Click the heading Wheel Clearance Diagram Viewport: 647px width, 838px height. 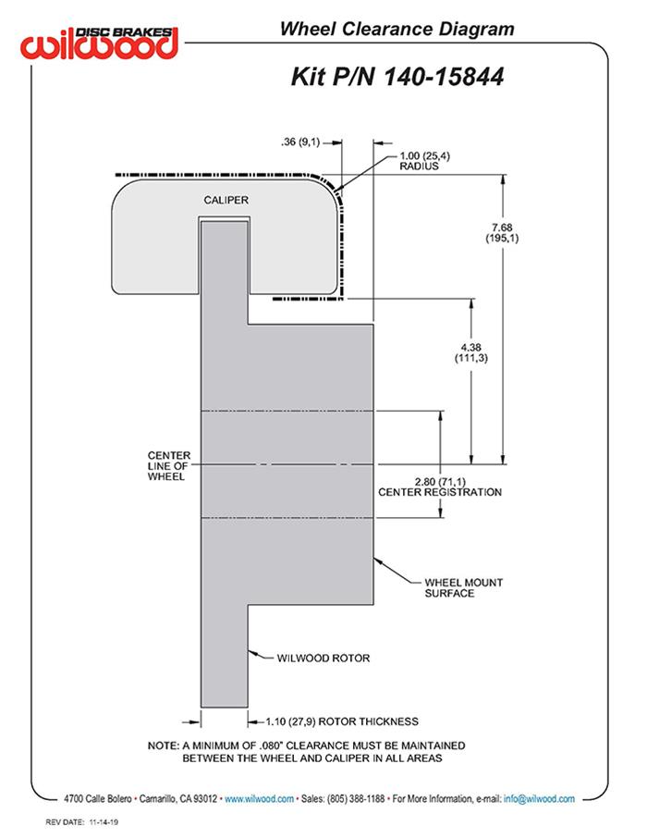[397, 29]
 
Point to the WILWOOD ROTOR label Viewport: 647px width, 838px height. [323, 659]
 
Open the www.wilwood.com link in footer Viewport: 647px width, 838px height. [259, 798]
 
